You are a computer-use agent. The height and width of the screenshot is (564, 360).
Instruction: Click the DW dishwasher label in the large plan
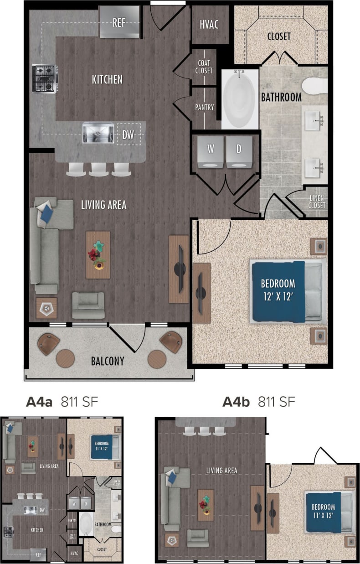(x=129, y=135)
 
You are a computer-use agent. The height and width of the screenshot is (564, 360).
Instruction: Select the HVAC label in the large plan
(x=209, y=24)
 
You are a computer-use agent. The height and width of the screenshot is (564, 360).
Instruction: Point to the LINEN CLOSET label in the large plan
(x=317, y=202)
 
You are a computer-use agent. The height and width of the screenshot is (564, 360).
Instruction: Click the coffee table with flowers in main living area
(x=98, y=254)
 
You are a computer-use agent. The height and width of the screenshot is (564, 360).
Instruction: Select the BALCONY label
(x=108, y=361)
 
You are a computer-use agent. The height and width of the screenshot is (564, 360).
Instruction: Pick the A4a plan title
(x=40, y=402)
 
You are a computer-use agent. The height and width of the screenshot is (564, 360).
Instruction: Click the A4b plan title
(x=236, y=402)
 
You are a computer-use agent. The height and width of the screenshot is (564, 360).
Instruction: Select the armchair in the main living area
(x=88, y=305)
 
